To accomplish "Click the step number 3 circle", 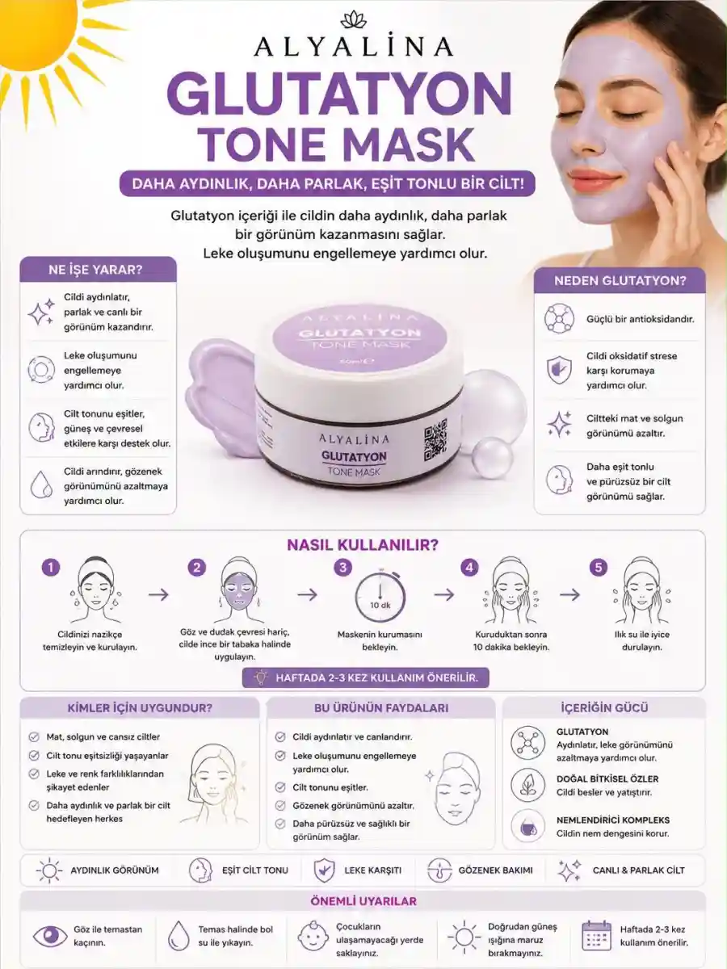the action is coord(343,568).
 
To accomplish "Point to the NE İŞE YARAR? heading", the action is coord(96,270).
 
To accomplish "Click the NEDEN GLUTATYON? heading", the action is coord(620,280).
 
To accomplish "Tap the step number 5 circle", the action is coord(599,568).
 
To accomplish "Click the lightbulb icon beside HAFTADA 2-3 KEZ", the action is coord(261,677).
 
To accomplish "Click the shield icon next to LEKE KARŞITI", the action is coord(324,870).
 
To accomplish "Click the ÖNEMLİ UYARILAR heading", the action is coord(363,901).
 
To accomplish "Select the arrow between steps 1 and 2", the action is coord(158,594).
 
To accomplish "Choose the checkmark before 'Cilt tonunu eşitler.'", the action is coord(280,787).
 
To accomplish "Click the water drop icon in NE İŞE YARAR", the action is coord(41,485).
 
